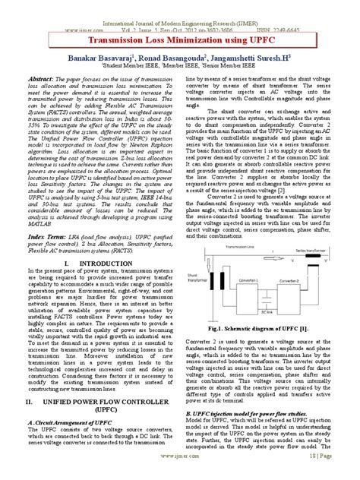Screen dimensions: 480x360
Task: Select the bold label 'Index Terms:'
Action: point(46,238)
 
